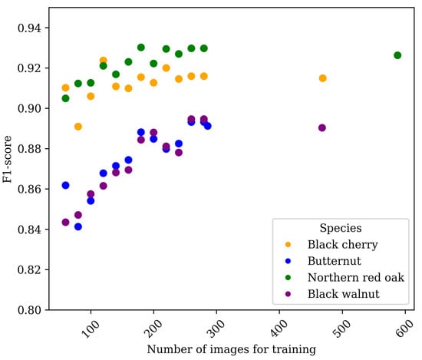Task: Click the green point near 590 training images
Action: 397,55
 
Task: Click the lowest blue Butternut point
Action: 78,226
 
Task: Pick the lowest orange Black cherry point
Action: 78,126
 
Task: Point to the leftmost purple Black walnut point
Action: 65,222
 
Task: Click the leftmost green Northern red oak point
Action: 65,98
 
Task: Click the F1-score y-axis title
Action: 8,169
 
